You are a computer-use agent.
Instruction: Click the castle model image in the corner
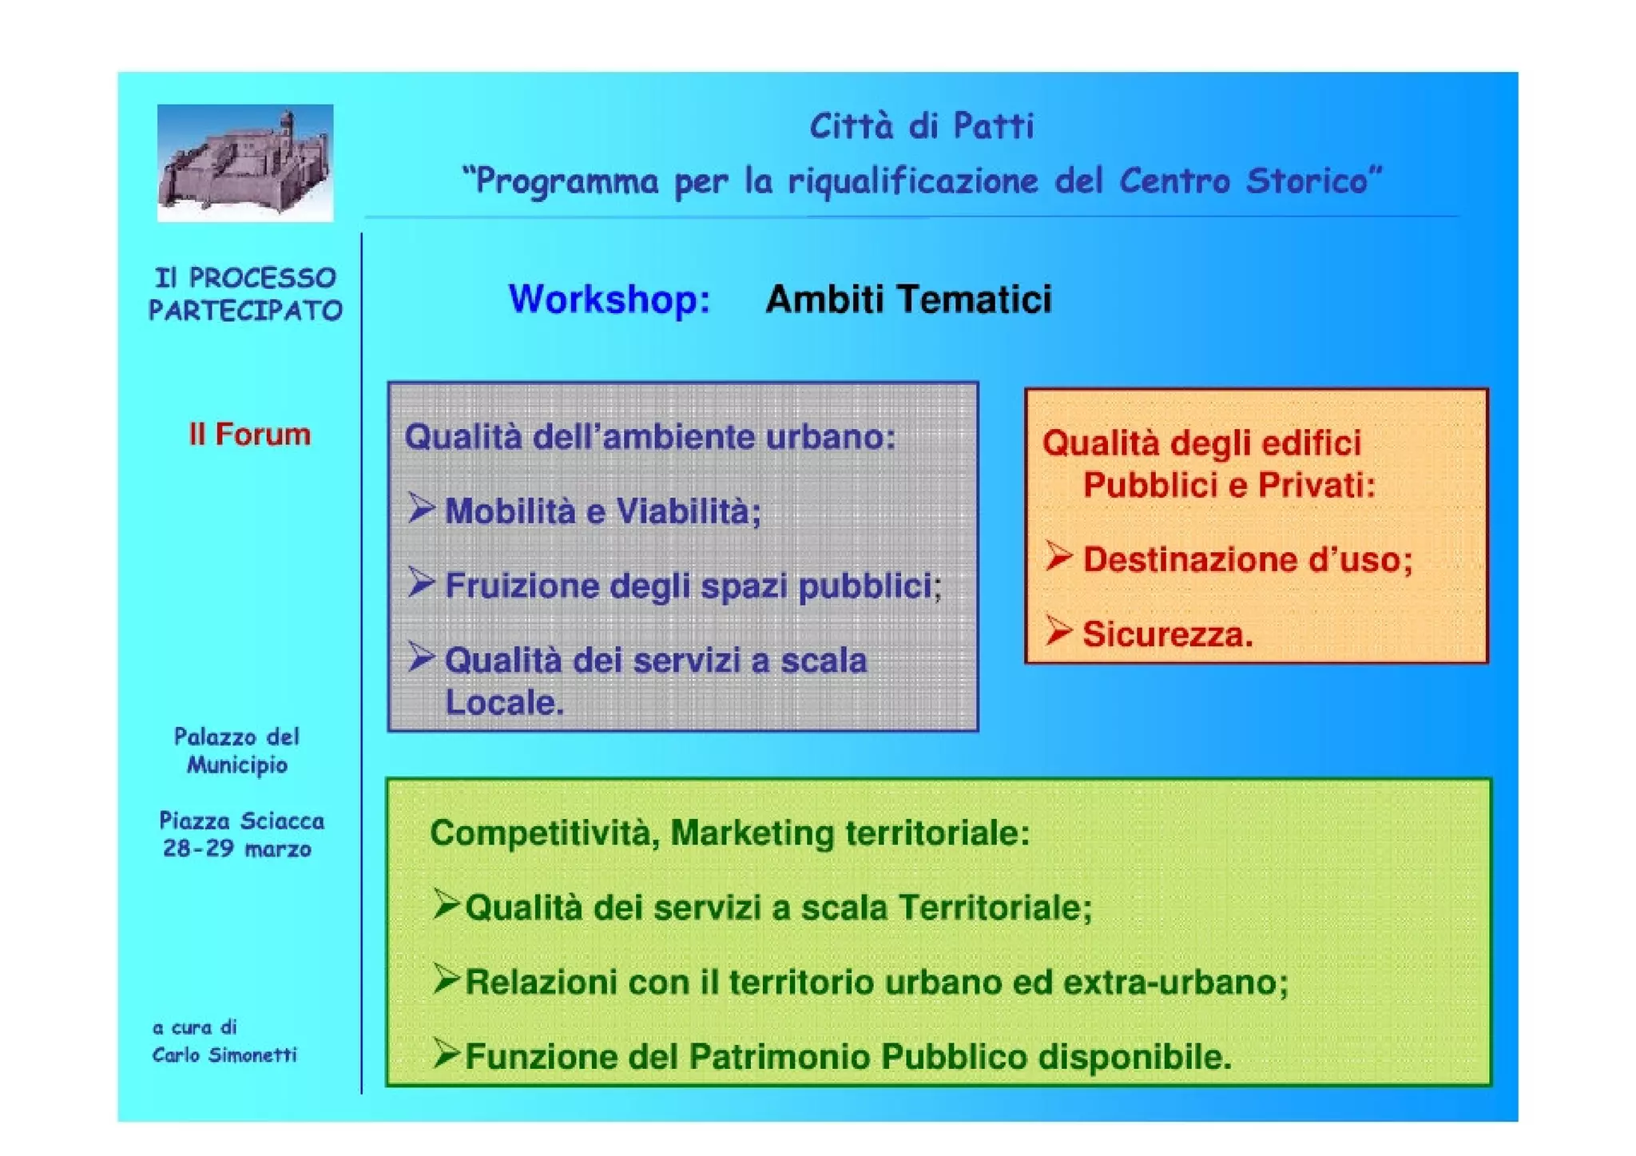[x=244, y=163]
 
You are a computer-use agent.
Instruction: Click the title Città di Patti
[x=921, y=126]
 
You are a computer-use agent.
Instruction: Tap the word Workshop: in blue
[x=610, y=300]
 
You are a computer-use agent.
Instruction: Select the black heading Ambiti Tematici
[x=908, y=300]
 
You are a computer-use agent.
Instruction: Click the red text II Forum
[x=249, y=435]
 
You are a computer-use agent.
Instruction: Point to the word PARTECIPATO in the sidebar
[x=245, y=311]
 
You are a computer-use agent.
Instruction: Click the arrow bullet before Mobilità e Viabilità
[x=421, y=508]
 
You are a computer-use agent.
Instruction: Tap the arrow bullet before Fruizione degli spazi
[x=421, y=582]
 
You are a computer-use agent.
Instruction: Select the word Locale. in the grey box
[x=504, y=703]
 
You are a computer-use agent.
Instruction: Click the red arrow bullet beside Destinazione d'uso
[x=1058, y=556]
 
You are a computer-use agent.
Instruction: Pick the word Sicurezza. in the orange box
[x=1167, y=634]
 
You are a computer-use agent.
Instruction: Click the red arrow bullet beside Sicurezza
[x=1058, y=631]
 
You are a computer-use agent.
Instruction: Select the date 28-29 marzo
[x=237, y=848]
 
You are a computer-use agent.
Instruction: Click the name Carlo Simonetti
[x=224, y=1055]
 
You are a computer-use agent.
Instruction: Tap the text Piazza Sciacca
[x=241, y=821]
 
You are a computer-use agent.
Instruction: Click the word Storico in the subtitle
[x=1313, y=181]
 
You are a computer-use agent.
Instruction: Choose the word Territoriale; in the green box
[x=995, y=908]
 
